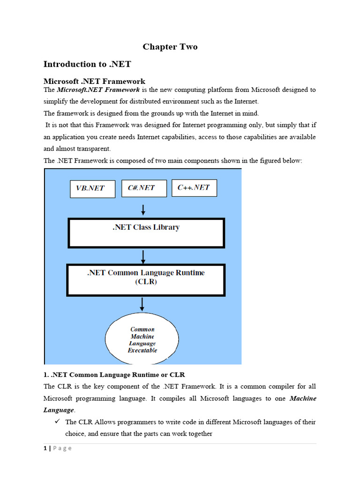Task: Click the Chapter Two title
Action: tap(170, 46)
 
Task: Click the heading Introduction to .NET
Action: tap(87, 64)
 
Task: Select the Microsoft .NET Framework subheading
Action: tap(94, 81)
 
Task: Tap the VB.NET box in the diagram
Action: tap(92, 189)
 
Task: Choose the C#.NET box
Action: tap(141, 187)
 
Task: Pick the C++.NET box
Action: tap(194, 187)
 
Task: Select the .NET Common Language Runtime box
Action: tap(146, 277)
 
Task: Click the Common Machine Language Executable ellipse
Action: tap(142, 340)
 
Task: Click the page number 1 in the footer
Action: tap(45, 448)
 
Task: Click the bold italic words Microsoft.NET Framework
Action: tap(98, 90)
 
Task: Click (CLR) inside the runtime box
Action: tap(146, 282)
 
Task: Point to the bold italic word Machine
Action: tap(303, 398)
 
